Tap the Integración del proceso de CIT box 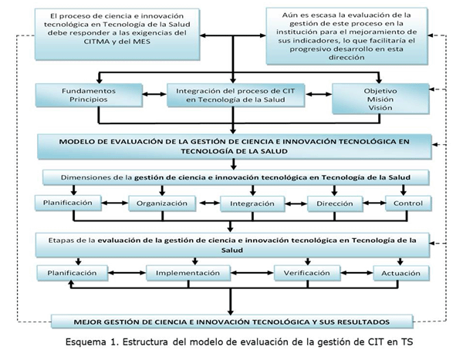234,95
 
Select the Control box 408,204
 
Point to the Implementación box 190,273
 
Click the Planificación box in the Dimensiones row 69,204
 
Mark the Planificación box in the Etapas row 72,273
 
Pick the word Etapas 62,241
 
